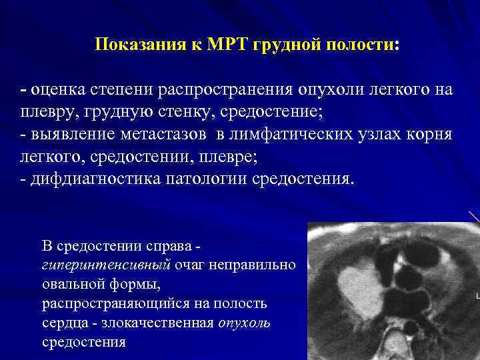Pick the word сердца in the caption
click(x=62, y=323)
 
